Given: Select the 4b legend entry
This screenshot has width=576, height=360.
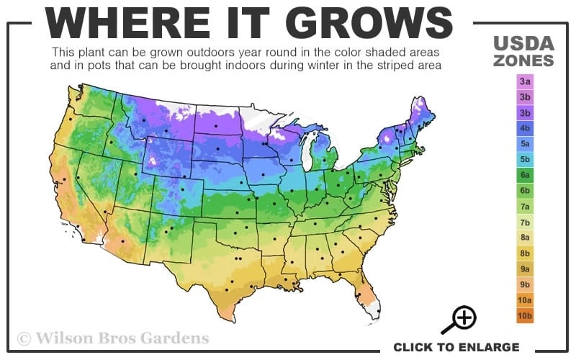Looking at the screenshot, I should pyautogui.click(x=525, y=128).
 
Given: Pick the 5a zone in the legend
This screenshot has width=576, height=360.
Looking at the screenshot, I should pyautogui.click(x=525, y=143).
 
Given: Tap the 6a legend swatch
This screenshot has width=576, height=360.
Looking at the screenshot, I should pyautogui.click(x=525, y=175).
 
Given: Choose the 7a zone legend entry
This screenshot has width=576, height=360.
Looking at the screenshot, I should pyautogui.click(x=525, y=206).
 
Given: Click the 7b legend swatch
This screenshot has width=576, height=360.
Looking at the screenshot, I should pyautogui.click(x=525, y=222).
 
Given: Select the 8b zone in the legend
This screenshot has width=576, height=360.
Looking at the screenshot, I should pyautogui.click(x=525, y=253).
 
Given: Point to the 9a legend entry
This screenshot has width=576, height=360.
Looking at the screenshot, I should pyautogui.click(x=525, y=269).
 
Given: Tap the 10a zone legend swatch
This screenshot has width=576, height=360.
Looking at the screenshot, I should pyautogui.click(x=525, y=300).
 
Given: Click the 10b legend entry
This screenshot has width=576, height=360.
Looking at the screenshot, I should pyautogui.click(x=525, y=315).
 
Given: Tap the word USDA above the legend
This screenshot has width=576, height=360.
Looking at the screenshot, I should pyautogui.click(x=523, y=42).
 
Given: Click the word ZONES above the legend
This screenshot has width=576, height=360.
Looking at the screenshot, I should pyautogui.click(x=523, y=60).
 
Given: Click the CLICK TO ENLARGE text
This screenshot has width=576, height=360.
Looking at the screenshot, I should pyautogui.click(x=456, y=347).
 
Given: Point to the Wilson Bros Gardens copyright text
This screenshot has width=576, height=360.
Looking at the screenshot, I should pyautogui.click(x=113, y=337).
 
